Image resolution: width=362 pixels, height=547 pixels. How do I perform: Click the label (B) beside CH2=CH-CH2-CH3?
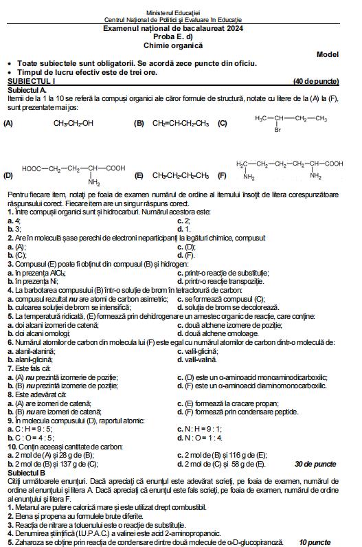click(139, 124)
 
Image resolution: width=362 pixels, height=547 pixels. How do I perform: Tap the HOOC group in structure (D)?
click(34, 168)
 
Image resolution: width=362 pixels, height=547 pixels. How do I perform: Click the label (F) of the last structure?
click(222, 176)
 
